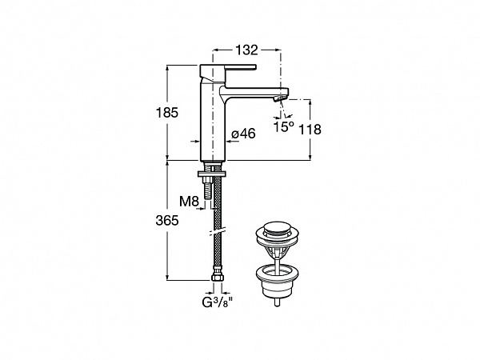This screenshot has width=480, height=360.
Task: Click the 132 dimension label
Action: (246, 50)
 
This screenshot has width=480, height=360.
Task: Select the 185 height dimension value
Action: (167, 113)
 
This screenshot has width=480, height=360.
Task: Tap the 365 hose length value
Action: (167, 221)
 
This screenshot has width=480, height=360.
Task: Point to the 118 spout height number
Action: (310, 130)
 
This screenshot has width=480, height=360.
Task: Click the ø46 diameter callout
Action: (243, 134)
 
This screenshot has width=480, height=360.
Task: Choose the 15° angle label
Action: (283, 126)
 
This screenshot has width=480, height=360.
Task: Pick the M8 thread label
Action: (189, 202)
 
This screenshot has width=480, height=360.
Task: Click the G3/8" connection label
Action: (218, 302)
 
